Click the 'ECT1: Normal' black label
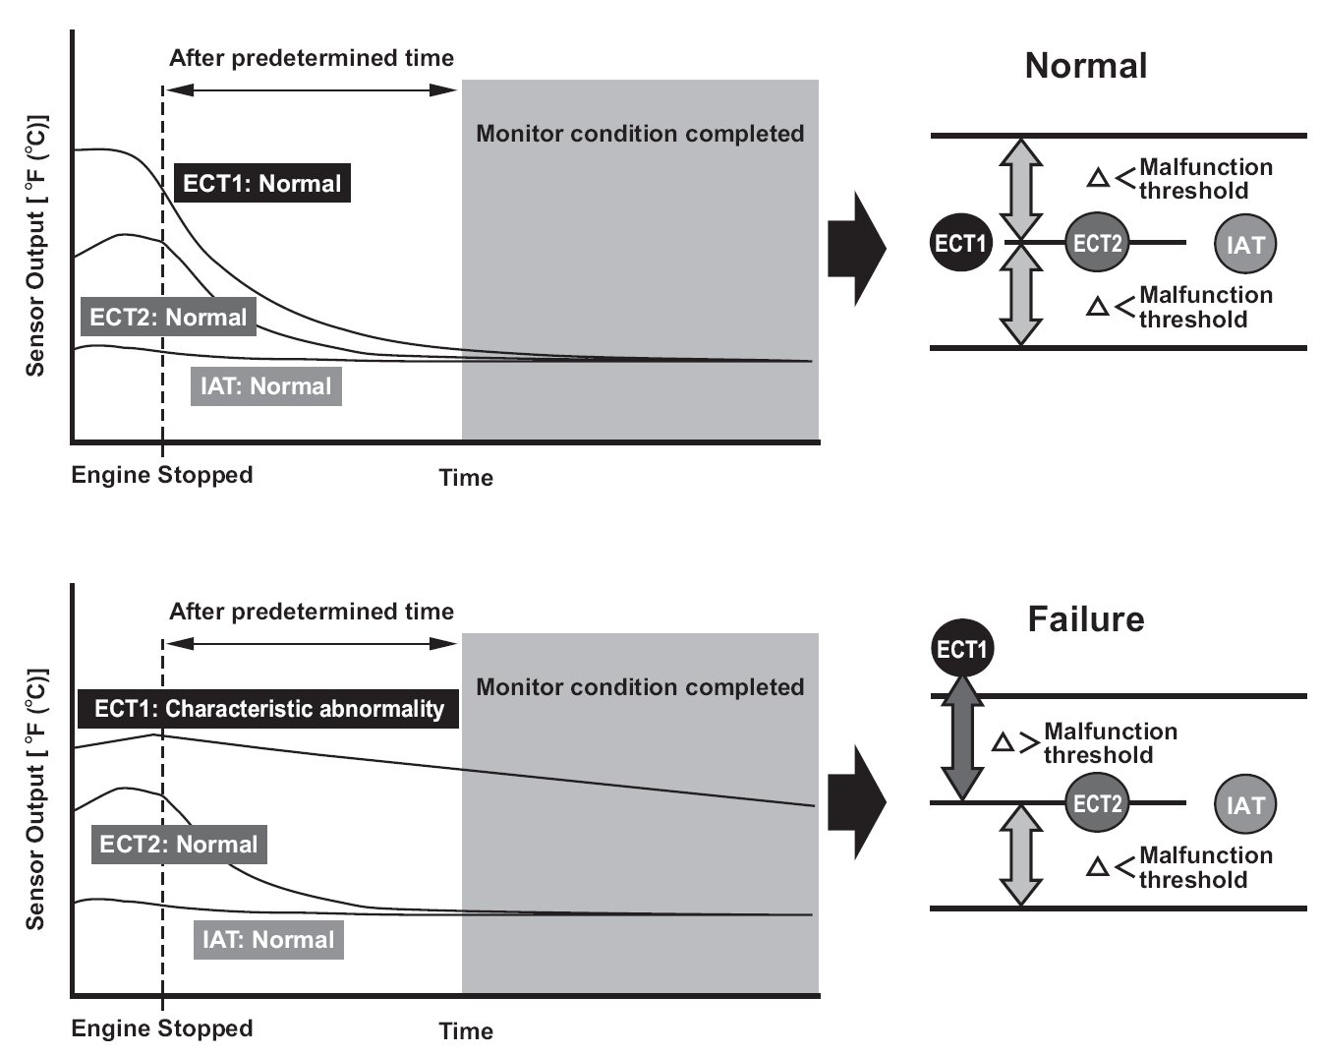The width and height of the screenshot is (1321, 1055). pos(262,183)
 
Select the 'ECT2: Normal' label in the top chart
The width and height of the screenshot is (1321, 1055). pos(168,317)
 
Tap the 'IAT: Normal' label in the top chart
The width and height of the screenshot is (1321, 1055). pos(265,386)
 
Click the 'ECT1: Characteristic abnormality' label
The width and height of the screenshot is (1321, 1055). pos(268,709)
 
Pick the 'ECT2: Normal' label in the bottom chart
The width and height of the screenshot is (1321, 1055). pos(179,845)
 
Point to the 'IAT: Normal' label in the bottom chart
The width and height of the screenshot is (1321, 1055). pos(268,940)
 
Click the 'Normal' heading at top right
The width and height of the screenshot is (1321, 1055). pos(1086,65)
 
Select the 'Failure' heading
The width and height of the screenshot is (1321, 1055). pos(1086,619)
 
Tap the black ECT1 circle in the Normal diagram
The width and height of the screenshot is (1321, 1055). pos(960,243)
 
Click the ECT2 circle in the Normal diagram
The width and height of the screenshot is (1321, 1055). pos(1097,243)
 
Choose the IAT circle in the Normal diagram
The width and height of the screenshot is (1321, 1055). pos(1245,244)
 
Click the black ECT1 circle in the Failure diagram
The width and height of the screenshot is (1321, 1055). pos(962,649)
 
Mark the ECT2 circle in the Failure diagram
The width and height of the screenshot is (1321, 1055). pos(1097,802)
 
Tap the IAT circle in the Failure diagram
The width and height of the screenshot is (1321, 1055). pos(1245,804)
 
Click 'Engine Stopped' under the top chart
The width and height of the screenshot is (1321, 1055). pos(162,475)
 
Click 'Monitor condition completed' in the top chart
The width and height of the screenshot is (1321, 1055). pos(640,134)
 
